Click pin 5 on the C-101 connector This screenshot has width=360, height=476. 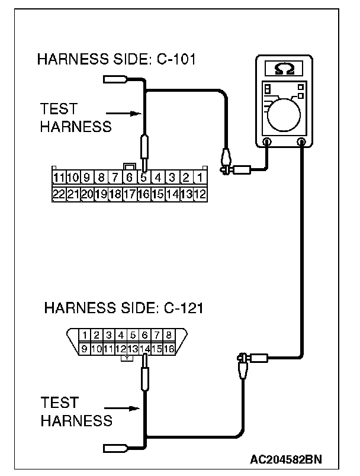143,177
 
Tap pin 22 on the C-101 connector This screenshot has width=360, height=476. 58,193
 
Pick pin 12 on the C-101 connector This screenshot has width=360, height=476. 200,193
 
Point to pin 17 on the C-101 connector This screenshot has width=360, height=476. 129,193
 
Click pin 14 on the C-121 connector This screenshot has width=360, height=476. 144,349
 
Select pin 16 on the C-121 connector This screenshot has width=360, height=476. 169,349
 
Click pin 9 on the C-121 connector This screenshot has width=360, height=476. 85,349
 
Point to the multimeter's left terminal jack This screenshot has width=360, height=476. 267,142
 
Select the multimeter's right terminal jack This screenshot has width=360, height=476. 301,142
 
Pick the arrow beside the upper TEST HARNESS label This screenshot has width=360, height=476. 125,113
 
